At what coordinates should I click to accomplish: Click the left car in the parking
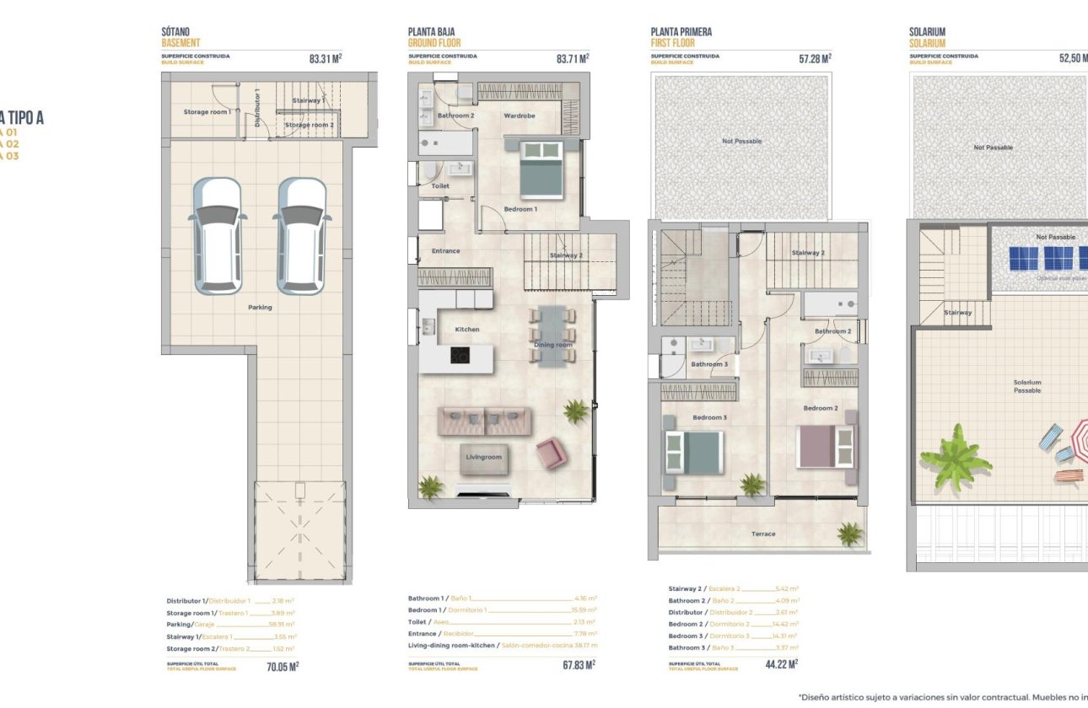click(x=218, y=235)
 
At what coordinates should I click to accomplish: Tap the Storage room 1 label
click(x=207, y=111)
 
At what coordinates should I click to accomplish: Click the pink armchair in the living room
click(x=551, y=453)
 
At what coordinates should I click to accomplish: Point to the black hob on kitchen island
click(x=460, y=357)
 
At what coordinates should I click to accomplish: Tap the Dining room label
click(x=553, y=345)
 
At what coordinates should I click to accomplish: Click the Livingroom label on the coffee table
click(x=484, y=457)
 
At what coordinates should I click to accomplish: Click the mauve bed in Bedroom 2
click(x=825, y=447)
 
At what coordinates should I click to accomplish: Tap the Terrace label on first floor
click(x=763, y=534)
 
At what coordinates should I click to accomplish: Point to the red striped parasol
click(x=1080, y=439)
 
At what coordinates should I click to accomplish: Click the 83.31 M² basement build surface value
click(x=326, y=59)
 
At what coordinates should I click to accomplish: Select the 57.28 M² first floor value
click(x=815, y=59)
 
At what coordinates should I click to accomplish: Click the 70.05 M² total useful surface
click(x=283, y=665)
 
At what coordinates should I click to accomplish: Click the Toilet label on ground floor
click(x=440, y=185)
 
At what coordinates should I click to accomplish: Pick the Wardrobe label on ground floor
click(x=520, y=115)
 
